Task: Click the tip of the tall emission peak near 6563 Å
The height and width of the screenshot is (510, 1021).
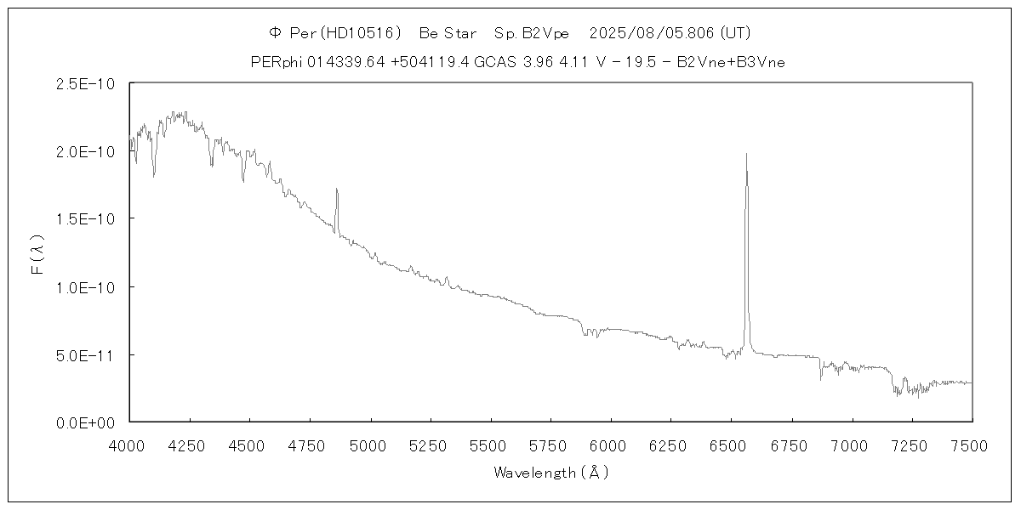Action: (746, 154)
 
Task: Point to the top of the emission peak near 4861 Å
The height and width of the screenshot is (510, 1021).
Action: (337, 189)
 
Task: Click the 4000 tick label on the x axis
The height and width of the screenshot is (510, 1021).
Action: (129, 444)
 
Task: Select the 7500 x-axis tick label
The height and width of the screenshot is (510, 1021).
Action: (972, 444)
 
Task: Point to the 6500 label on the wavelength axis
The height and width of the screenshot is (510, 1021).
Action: (731, 444)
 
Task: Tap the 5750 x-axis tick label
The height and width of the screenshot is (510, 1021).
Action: (550, 444)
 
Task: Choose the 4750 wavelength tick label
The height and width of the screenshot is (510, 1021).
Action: (310, 444)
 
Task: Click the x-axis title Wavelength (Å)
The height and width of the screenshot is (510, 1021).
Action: (551, 473)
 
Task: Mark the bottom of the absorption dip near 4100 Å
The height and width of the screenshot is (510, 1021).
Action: (154, 176)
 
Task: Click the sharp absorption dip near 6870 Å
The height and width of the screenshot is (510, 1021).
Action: (821, 379)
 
